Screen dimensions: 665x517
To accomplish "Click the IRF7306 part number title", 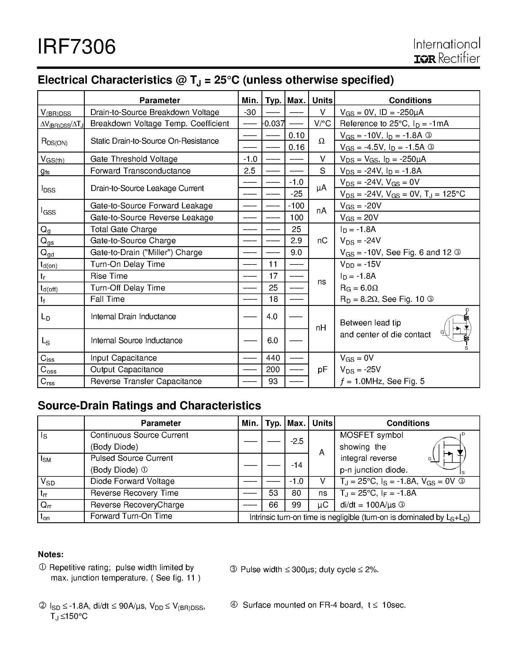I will [x=77, y=47].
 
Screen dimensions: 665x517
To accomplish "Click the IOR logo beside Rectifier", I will [x=425, y=59].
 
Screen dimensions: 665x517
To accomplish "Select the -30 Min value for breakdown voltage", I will [x=250, y=112].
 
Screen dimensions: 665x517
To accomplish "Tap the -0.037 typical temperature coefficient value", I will [x=274, y=124].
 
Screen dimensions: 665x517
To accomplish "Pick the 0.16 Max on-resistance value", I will [x=296, y=147].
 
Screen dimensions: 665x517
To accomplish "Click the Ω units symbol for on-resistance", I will [x=321, y=141].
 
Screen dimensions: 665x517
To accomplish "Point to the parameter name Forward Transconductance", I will [x=140, y=171].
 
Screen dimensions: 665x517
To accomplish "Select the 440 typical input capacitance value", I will [x=273, y=358].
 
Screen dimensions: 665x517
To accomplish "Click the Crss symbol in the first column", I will [x=48, y=382].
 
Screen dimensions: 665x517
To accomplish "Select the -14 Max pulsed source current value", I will [x=296, y=465].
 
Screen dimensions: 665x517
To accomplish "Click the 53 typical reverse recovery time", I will [x=273, y=493].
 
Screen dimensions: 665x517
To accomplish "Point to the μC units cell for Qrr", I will [x=322, y=505].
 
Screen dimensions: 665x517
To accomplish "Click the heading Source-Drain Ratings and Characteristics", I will [x=149, y=406].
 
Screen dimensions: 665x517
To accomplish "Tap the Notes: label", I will [x=51, y=554].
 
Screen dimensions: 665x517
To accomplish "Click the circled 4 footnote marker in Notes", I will [x=234, y=605].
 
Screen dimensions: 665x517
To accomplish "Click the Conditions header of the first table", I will [x=410, y=100].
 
